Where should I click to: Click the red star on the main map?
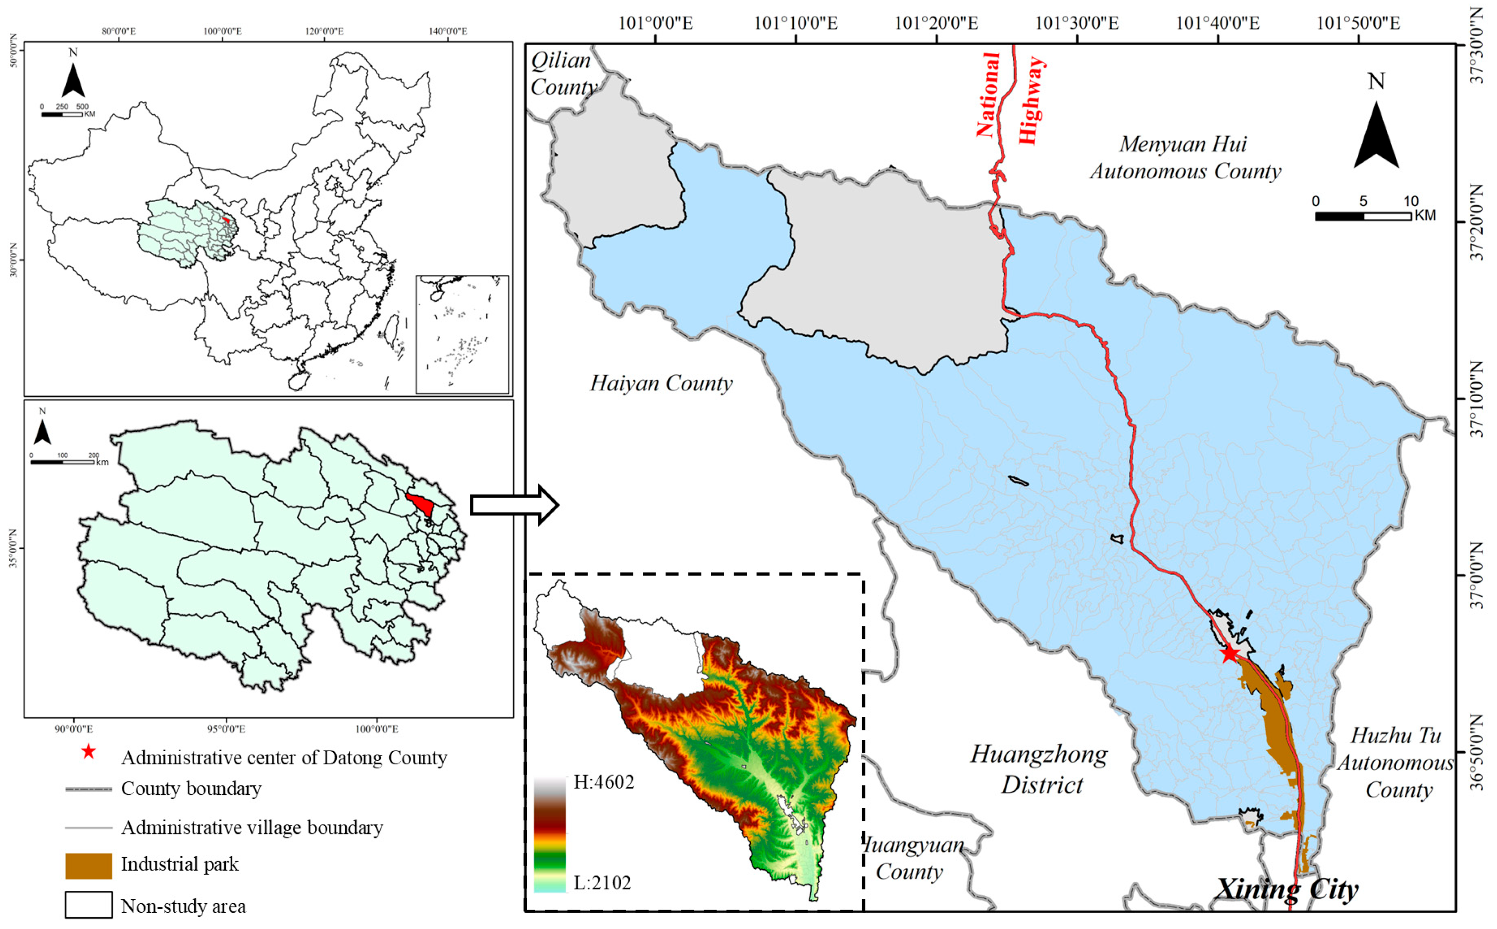(x=1229, y=654)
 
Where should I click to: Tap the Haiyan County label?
(x=661, y=383)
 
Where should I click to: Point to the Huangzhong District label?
(x=1039, y=769)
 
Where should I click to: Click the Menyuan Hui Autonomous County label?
(x=1185, y=157)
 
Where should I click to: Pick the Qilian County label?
(x=563, y=74)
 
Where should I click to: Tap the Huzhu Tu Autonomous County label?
(x=1395, y=762)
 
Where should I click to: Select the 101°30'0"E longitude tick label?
(x=1077, y=23)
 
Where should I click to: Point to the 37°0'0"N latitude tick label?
(x=1477, y=576)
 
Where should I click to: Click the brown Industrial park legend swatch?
(x=89, y=865)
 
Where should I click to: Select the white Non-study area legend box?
(x=89, y=905)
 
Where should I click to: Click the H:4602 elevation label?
(x=603, y=782)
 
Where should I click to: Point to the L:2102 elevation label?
(x=602, y=883)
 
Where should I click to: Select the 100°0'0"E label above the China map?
(x=222, y=31)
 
